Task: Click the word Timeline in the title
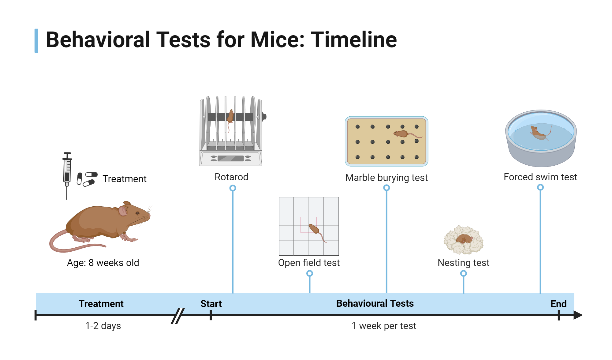(354, 40)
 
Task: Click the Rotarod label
(231, 177)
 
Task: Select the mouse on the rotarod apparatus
(230, 117)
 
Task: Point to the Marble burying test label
(386, 178)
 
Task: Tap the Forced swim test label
(540, 177)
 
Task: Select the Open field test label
(309, 263)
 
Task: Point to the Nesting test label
(463, 263)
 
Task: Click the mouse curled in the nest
(464, 239)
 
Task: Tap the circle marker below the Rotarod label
(233, 188)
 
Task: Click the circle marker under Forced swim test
(540, 187)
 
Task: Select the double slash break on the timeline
(178, 316)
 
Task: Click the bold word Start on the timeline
(211, 304)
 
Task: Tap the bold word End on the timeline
(558, 304)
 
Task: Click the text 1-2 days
(103, 326)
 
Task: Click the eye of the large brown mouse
(137, 213)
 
